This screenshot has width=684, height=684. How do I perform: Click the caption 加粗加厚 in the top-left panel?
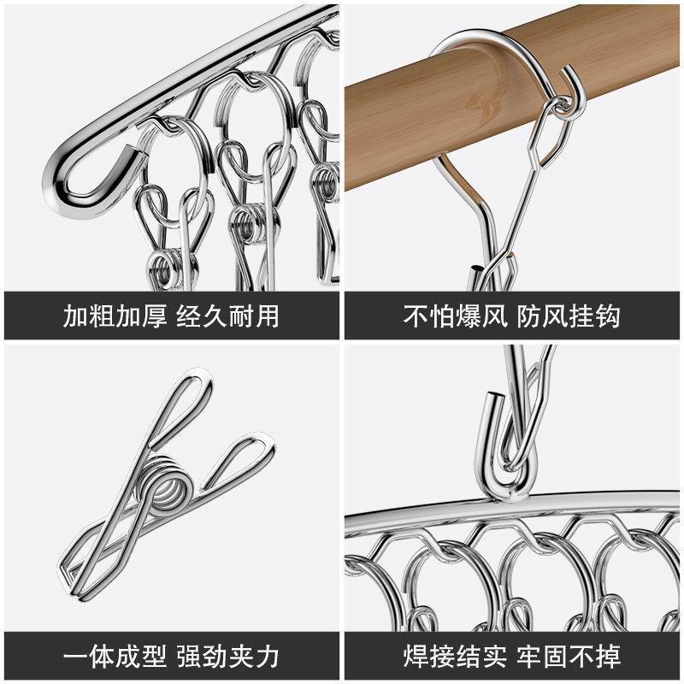tap(115, 315)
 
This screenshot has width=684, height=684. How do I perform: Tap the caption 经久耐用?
tap(228, 315)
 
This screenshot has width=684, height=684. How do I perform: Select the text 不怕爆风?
tap(456, 315)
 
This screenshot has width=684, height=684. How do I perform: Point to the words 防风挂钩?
tap(569, 315)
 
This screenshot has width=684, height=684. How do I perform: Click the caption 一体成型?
tap(115, 656)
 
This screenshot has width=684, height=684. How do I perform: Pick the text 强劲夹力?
tap(228, 656)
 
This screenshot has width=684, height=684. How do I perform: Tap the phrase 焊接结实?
tap(456, 656)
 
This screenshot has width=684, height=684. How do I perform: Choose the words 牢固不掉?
tap(569, 656)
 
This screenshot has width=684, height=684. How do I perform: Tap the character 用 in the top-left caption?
tap(268, 315)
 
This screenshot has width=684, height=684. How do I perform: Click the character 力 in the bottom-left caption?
tap(268, 656)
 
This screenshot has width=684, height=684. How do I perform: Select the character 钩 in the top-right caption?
tap(608, 315)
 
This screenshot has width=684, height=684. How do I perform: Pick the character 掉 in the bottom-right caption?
tap(608, 656)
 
